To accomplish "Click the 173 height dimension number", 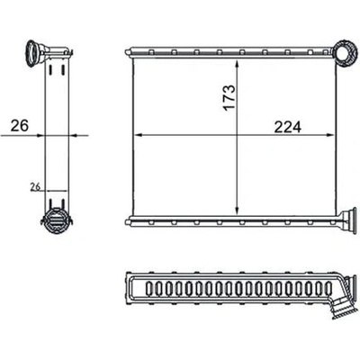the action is click(229, 98).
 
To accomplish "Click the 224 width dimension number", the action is click(287, 128).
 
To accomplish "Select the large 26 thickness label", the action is click(20, 125).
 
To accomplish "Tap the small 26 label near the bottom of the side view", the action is click(35, 187).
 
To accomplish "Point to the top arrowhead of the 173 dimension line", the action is click(238, 64).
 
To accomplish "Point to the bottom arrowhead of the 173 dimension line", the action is click(238, 211).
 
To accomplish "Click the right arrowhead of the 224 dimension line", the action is click(330, 135).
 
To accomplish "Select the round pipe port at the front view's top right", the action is click(344, 52).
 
